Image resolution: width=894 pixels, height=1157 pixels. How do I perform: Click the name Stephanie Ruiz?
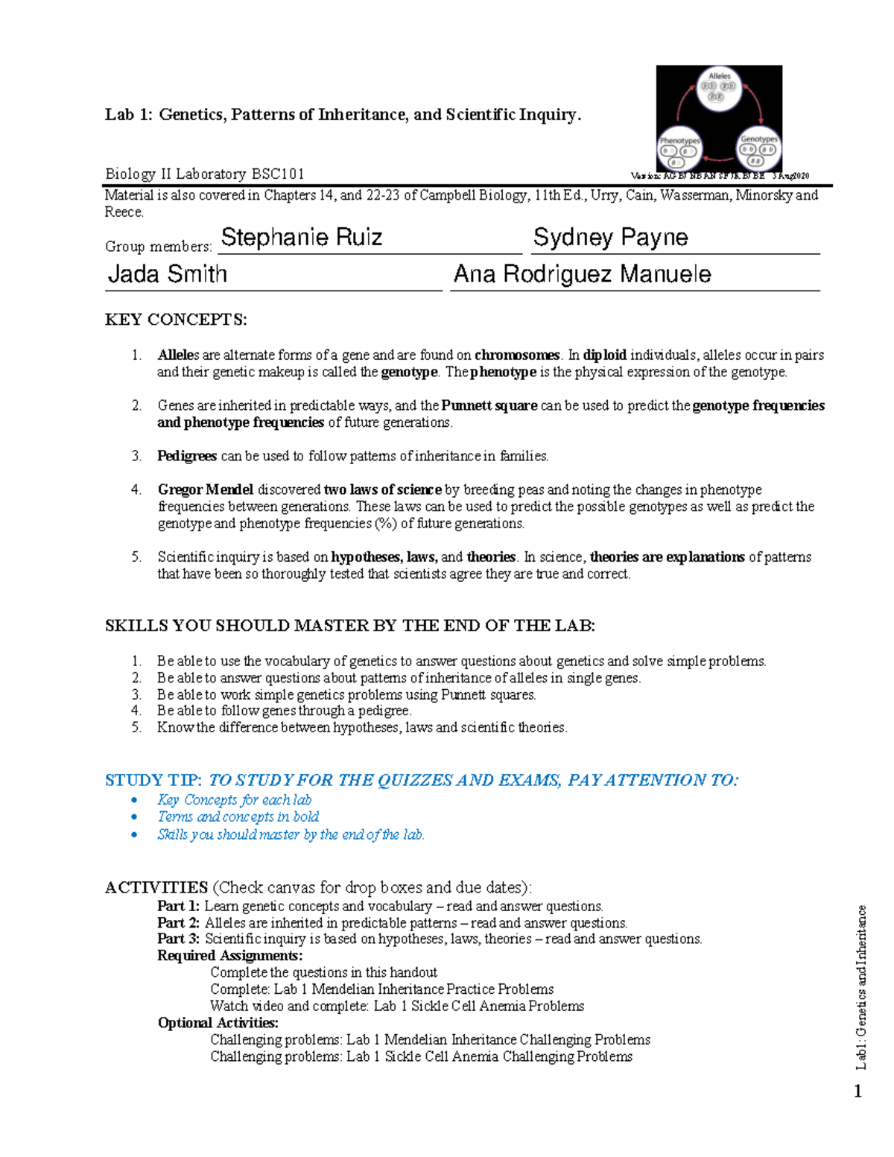pos(302,238)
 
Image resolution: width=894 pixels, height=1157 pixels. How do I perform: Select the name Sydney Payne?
pos(610,238)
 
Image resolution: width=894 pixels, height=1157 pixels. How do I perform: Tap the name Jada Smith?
pos(168,274)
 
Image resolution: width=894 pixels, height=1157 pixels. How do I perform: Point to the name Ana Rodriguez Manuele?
pos(582,274)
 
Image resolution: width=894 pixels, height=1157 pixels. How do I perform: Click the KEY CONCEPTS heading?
pos(176,320)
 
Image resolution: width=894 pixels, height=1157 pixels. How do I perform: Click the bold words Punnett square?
pos(489,406)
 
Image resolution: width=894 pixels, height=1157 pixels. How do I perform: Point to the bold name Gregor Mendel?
pos(206,490)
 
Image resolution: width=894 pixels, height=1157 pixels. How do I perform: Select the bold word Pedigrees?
pos(187,456)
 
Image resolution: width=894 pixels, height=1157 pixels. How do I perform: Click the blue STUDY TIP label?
pos(153,780)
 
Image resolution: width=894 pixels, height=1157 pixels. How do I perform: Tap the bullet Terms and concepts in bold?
pos(238,817)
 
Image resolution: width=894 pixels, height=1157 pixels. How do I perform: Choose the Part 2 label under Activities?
pos(178,923)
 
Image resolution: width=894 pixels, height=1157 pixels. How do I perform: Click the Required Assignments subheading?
pos(229,956)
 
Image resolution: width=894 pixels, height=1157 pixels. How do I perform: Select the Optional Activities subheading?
pos(218,1023)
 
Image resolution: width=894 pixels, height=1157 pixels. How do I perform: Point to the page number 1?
pos(857,1092)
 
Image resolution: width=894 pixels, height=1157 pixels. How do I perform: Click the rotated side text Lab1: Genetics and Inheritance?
pos(861,987)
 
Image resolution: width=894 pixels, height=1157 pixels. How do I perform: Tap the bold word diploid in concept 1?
pos(604,355)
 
